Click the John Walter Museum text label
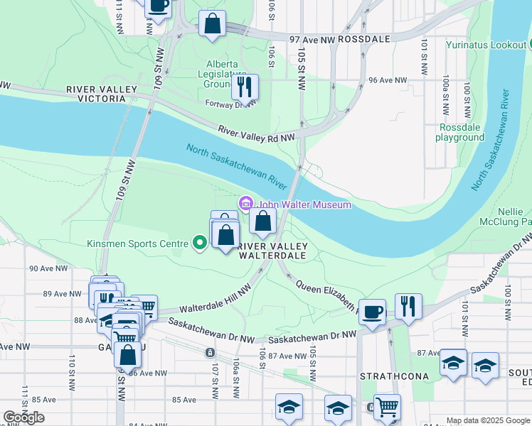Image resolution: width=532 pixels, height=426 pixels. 304,204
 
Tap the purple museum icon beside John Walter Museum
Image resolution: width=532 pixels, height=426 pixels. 247,204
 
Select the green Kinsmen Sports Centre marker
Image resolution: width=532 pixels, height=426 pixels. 200,244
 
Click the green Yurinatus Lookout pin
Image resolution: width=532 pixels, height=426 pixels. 521,45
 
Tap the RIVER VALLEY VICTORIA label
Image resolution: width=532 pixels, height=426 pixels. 101,94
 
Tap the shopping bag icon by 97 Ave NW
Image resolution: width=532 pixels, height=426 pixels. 213,24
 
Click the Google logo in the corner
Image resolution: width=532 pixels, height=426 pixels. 23,417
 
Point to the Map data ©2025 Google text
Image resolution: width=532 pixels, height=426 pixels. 488,420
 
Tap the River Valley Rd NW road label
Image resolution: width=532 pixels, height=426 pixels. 256,133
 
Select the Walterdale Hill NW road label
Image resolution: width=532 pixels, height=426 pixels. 215,299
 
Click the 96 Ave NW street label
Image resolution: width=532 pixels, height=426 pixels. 382,80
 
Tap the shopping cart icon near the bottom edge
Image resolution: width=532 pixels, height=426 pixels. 387,408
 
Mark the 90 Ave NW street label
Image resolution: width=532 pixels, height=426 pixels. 48,269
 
